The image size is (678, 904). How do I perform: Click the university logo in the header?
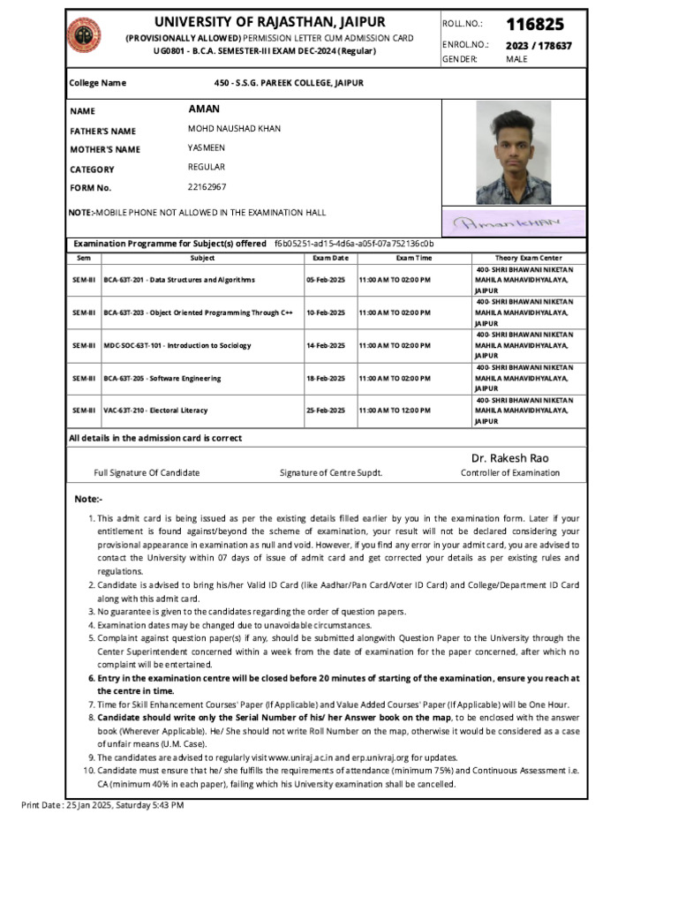click(85, 34)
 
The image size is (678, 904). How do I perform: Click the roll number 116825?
click(535, 24)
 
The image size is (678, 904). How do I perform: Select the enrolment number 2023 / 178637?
click(539, 45)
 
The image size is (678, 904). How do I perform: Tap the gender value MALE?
click(516, 59)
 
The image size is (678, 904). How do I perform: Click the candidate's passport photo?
click(513, 153)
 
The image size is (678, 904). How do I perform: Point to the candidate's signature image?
click(513, 222)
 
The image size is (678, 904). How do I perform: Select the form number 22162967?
click(207, 187)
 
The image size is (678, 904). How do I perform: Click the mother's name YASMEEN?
click(207, 148)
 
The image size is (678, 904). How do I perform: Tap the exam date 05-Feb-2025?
click(326, 280)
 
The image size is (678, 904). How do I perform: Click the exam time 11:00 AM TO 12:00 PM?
click(395, 411)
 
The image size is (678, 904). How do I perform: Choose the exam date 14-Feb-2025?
click(326, 345)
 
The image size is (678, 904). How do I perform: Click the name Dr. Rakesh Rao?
click(509, 457)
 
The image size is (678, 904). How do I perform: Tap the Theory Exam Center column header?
click(528, 258)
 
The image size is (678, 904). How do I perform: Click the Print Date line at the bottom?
click(102, 806)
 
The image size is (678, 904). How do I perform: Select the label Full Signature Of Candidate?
click(147, 473)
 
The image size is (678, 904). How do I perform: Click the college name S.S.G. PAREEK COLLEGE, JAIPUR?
click(282, 83)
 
